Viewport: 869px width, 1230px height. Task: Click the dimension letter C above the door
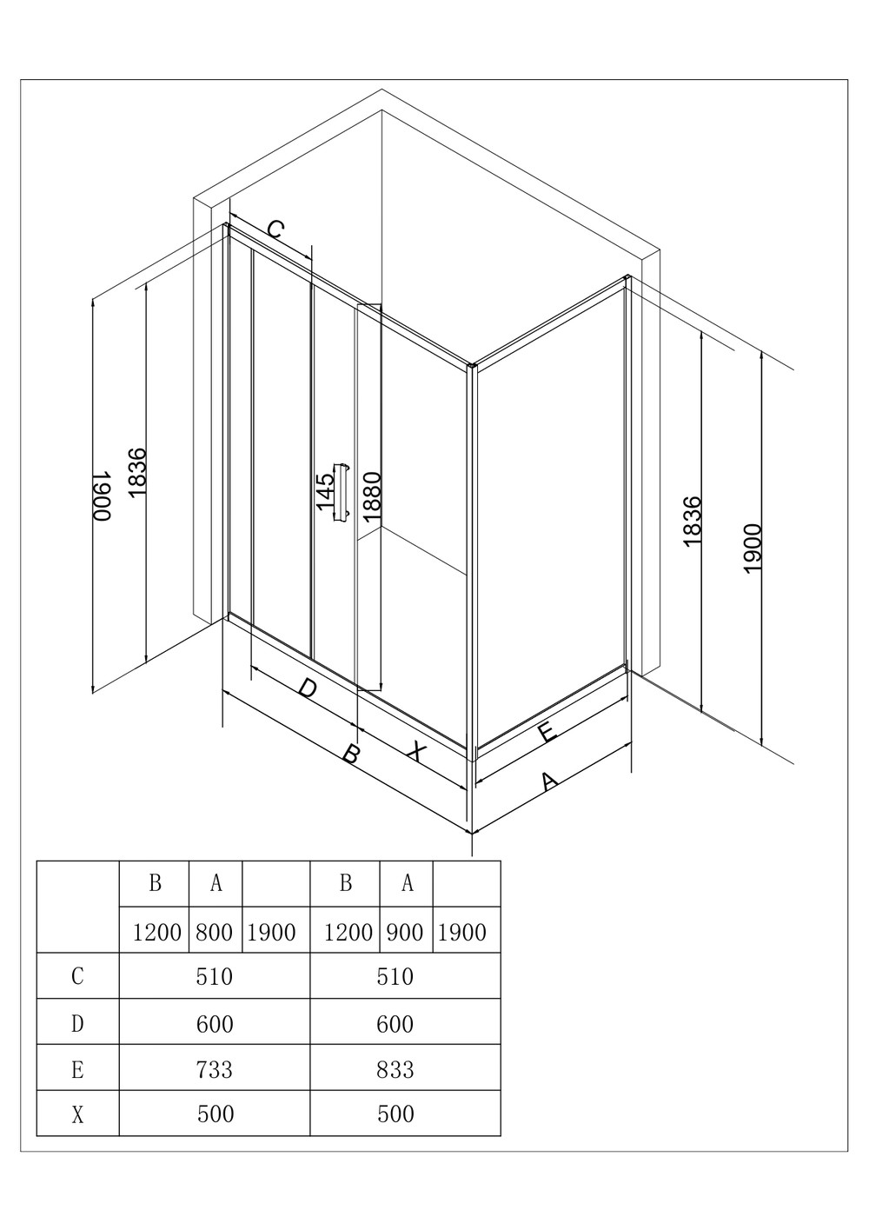click(x=275, y=229)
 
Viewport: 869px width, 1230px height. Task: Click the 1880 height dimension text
click(x=372, y=497)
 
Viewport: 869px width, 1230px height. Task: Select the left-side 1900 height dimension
click(x=102, y=495)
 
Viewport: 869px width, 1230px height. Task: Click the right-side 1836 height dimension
click(x=693, y=521)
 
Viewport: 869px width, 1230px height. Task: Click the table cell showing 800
click(x=215, y=933)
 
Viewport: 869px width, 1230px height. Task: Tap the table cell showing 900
click(x=405, y=933)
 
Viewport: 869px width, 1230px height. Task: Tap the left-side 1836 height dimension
click(x=137, y=473)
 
